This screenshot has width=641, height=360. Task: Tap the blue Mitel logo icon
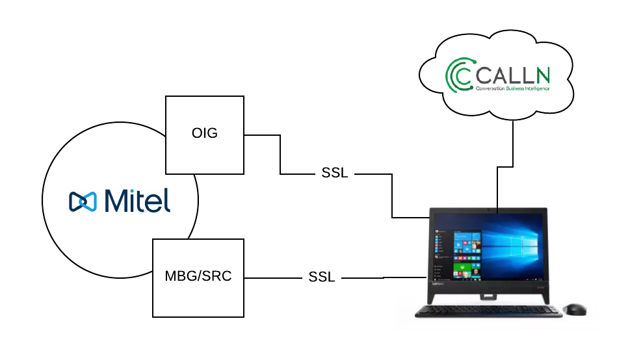[83, 201]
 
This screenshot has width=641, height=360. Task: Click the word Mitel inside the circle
[137, 200]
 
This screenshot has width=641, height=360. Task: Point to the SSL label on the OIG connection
[334, 174]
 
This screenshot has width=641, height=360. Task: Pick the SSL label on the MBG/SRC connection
[321, 277]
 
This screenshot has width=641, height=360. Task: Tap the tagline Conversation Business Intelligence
[512, 88]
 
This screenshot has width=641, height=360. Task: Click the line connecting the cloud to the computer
[513, 143]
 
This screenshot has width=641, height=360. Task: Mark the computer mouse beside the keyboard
[574, 309]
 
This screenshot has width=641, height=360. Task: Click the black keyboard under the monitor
[488, 313]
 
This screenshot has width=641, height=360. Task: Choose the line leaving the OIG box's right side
[261, 135]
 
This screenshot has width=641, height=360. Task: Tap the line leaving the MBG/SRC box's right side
[273, 278]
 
